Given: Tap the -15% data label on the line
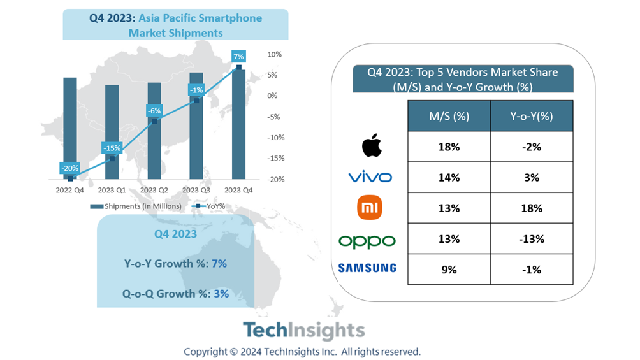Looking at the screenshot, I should click(112, 148).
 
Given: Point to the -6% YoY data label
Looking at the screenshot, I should click(154, 110).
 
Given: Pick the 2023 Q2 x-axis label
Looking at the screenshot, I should click(154, 190).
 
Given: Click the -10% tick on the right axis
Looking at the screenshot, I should click(274, 138).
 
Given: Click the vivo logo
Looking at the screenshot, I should click(370, 177).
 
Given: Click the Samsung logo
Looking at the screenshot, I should click(367, 268).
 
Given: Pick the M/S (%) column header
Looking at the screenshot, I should click(449, 116).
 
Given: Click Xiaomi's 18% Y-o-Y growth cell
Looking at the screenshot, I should click(530, 208).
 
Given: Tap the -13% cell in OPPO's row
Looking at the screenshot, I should click(530, 239).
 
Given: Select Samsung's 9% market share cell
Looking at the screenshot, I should click(449, 270).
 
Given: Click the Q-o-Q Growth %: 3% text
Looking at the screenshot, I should click(175, 294).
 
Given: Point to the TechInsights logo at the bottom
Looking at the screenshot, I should click(303, 331).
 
